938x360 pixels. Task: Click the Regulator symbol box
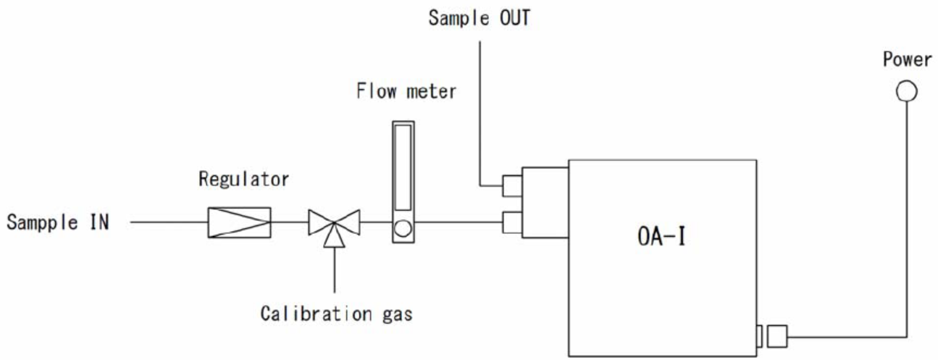pos(239,222)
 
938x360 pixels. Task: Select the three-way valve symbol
pos(335,222)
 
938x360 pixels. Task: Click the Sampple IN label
pos(58,222)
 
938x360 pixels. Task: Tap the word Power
pos(906,60)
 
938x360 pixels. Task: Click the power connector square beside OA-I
pos(776,335)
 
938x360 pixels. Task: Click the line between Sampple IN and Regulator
pos(167,222)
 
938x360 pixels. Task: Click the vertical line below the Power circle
pos(906,217)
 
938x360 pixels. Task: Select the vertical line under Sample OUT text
pos(480,109)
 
